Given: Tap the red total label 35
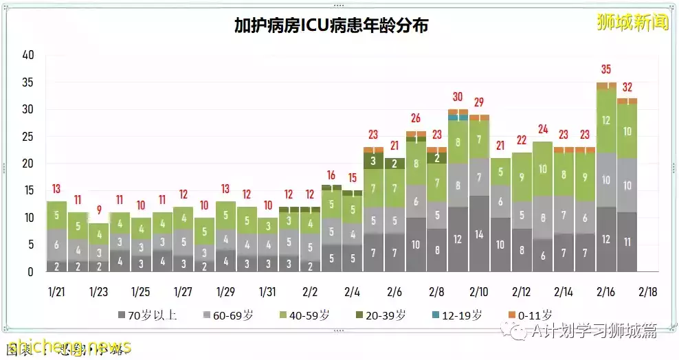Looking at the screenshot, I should pos(605,69).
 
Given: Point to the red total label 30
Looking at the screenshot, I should pos(458,97).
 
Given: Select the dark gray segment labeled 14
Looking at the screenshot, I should pos(478,234).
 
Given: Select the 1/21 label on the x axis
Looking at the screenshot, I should pos(56,291).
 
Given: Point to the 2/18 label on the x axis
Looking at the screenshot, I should pos(647,291).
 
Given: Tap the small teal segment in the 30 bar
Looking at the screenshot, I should pos(458,117).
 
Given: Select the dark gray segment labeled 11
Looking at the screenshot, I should pos(627,242).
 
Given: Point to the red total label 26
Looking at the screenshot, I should pos(416,118).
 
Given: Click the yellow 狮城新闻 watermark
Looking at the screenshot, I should pos(632,23).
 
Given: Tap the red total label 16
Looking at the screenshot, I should pos(331,175).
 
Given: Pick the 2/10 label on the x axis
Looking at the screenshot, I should pos(478,291).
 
